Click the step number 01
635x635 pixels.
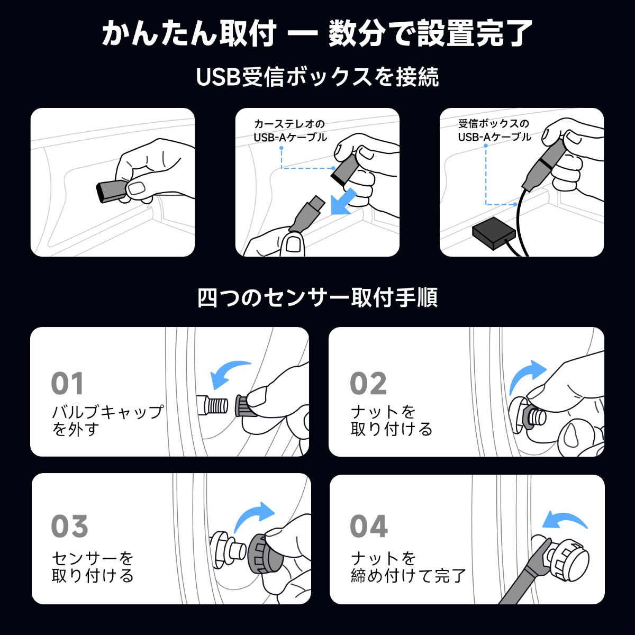(67, 383)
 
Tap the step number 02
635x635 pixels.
(368, 383)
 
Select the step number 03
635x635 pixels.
(69, 526)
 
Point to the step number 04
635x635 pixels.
(369, 526)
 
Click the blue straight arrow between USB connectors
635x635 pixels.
(343, 202)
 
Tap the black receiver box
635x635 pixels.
(494, 233)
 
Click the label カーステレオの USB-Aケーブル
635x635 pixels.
(290, 131)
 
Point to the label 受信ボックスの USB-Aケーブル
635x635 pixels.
(494, 130)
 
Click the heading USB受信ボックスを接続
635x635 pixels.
(317, 77)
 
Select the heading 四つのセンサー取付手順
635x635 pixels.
(317, 297)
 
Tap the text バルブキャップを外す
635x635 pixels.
(107, 421)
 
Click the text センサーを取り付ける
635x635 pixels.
(93, 567)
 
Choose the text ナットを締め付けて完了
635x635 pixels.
(409, 567)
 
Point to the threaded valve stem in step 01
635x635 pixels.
(214, 405)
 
